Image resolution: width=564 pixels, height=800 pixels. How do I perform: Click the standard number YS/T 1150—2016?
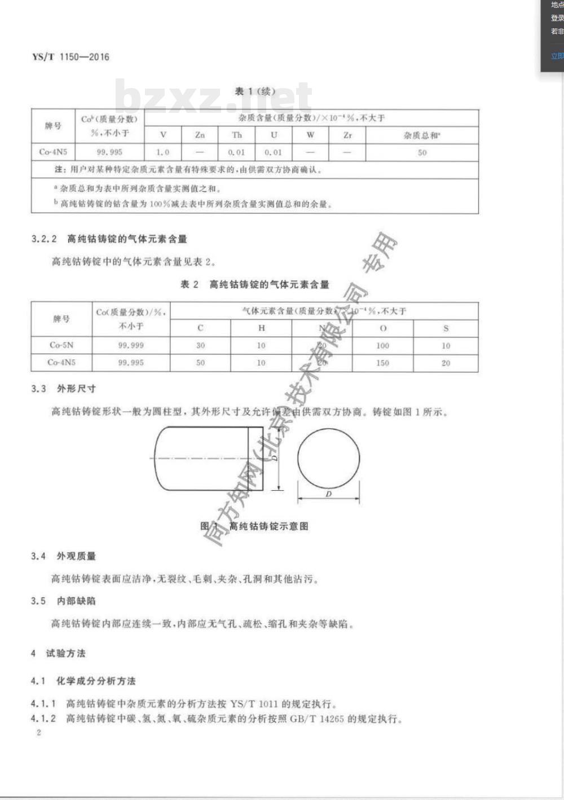pos(70,57)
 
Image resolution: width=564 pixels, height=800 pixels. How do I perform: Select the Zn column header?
pos(200,135)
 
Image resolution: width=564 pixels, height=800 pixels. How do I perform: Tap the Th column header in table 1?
pos(237,135)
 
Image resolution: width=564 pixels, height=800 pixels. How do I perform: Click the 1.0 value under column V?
pos(162,152)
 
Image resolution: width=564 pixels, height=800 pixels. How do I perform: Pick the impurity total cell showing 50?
pos(422,152)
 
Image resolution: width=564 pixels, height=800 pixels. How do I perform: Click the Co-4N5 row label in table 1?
pos(53,152)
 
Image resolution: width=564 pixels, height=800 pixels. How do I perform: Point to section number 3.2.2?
pos(44,239)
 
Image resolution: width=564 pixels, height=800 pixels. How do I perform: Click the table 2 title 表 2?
pos(190,284)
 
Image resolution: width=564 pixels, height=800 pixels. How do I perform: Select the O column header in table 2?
pos(383,328)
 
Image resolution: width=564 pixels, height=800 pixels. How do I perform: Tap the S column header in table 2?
pos(446,328)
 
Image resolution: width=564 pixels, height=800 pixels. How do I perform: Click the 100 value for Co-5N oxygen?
pos(382,345)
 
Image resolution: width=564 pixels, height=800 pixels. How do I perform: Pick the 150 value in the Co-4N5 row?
pos(382,363)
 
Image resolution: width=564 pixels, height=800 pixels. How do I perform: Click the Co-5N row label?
pos(61,345)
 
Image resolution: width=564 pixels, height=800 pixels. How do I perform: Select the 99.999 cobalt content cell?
pos(131,345)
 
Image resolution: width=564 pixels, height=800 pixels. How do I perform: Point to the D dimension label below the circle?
pos(329,494)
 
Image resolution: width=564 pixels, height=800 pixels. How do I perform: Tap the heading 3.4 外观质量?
pos(63,556)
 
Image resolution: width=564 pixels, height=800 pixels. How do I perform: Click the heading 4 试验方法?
pos(58,653)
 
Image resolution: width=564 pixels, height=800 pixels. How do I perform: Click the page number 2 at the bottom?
pos(38,733)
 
